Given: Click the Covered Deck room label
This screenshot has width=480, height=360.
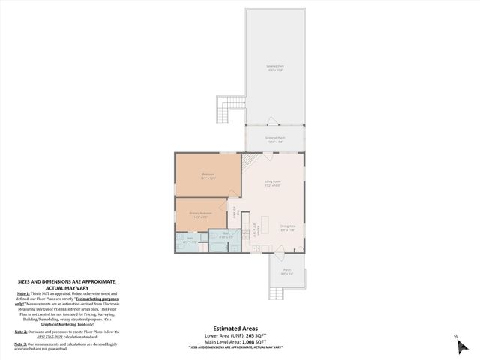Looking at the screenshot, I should (x=275, y=68).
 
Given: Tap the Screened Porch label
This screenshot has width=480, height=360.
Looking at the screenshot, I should (x=275, y=139).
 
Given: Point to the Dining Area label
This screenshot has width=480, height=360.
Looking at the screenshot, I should (x=288, y=227).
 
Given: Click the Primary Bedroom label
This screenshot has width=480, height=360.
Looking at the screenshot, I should (x=200, y=214).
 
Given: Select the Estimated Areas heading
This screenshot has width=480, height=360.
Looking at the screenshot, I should (x=235, y=328).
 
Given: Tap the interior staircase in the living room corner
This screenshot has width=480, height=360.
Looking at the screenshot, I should (x=252, y=160).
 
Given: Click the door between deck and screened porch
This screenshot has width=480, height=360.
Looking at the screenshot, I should (x=275, y=124).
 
